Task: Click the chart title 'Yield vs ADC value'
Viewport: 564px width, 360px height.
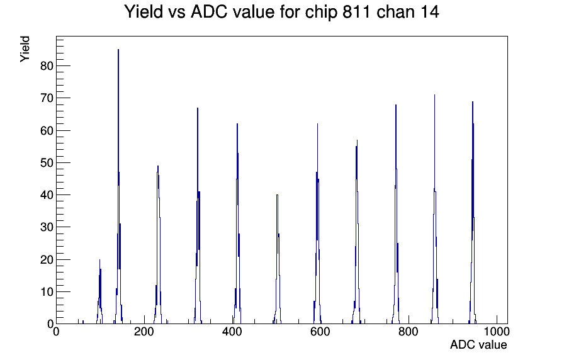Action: (x=200, y=12)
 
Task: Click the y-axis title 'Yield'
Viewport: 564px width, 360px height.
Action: (x=25, y=49)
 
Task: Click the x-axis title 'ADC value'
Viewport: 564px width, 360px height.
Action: (x=478, y=344)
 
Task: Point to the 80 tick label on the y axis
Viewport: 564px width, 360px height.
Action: (x=47, y=66)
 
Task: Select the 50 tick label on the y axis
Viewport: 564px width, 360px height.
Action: (x=47, y=162)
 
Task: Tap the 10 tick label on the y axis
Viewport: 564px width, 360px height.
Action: (x=47, y=291)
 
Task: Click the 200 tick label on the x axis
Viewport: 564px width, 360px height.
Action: (x=144, y=331)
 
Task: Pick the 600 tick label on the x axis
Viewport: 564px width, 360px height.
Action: (x=320, y=331)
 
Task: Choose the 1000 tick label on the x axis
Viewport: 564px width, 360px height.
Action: (x=497, y=331)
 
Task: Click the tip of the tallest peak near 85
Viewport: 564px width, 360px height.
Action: (x=118, y=50)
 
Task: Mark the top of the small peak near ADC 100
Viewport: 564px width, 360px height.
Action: (x=99, y=260)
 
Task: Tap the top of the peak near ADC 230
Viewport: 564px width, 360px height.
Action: (x=158, y=166)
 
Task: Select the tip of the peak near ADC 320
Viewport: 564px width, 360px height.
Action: (x=198, y=108)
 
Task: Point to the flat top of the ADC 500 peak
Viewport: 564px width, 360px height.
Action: (x=277, y=195)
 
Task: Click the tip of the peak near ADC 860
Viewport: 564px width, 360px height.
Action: (x=434, y=95)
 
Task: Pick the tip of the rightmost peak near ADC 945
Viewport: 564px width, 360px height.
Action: (x=473, y=102)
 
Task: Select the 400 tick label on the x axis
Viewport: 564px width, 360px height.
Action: (x=232, y=331)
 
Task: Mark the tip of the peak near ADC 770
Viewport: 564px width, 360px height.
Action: (x=396, y=104)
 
